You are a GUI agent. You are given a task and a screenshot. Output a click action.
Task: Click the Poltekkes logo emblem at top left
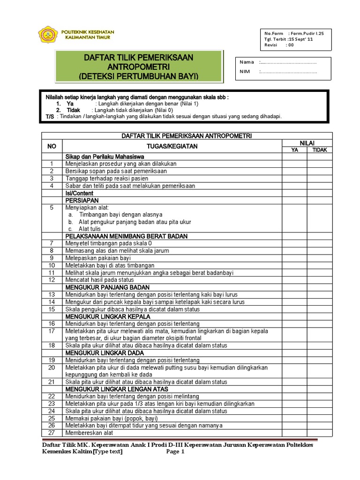point(48,35)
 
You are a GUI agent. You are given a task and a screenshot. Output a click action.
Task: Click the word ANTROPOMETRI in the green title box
point(138,67)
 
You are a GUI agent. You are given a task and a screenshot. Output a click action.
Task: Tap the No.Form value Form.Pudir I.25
point(307,33)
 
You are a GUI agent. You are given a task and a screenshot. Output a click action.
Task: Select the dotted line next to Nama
point(288,62)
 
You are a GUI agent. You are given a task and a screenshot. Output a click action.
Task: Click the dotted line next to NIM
point(288,72)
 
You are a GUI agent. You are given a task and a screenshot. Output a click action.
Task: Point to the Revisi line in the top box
point(279,45)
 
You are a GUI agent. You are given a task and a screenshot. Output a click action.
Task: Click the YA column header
point(294,150)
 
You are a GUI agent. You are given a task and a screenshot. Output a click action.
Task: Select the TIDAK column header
point(320,150)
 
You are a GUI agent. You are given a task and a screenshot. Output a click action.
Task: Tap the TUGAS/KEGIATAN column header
point(172,146)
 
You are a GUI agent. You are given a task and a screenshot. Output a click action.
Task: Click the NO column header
point(52,146)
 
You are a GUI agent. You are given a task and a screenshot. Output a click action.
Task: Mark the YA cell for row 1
point(294,164)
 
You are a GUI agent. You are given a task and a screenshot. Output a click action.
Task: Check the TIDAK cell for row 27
point(320,433)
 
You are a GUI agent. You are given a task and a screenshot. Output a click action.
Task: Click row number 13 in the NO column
point(52,295)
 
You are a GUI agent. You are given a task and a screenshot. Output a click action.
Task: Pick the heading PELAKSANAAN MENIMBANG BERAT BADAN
point(127,236)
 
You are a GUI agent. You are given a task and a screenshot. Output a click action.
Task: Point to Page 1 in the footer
point(176,452)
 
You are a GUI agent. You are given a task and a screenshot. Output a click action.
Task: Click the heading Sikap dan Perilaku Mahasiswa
point(105,157)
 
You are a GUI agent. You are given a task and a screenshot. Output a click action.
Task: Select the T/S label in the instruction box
point(49,117)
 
